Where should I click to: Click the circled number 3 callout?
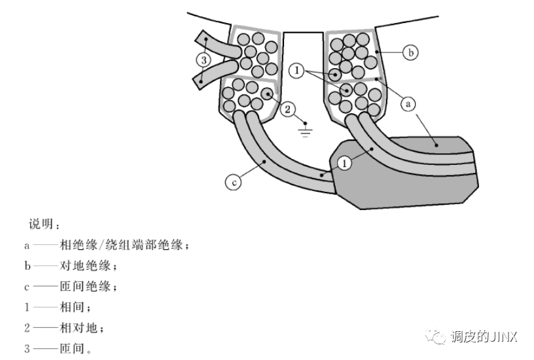click(x=204, y=59)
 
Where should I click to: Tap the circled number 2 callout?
click(x=289, y=109)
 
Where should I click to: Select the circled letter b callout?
click(x=410, y=53)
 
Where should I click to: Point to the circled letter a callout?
click(x=408, y=103)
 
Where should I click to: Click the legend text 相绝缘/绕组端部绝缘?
click(x=124, y=246)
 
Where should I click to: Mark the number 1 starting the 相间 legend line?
click(x=27, y=307)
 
